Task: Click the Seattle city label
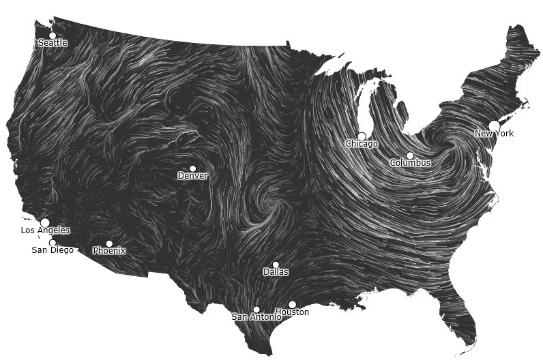[53, 43]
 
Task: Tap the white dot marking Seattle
[53, 35]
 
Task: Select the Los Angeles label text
[45, 230]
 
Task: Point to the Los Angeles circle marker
[45, 222]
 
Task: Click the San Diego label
[53, 250]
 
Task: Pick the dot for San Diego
[53, 243]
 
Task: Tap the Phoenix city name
[109, 251]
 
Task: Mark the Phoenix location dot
[109, 243]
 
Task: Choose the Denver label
[192, 176]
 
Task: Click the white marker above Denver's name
[192, 168]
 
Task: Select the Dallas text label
[276, 272]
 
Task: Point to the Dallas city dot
[276, 265]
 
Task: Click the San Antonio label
[256, 317]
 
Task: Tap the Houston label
[292, 312]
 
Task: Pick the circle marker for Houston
[292, 305]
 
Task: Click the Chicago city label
[362, 144]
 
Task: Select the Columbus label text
[410, 163]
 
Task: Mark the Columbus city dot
[410, 155]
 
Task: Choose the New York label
[494, 134]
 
